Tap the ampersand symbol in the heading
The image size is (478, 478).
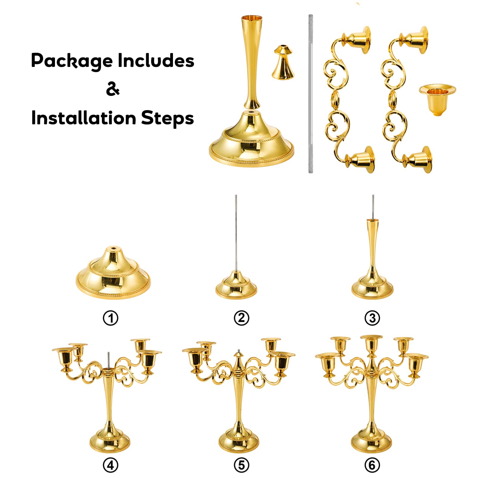pos(113,89)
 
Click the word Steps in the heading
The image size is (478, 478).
pos(167,119)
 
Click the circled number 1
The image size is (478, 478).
pos(111,318)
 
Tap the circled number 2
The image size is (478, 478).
pos(241,318)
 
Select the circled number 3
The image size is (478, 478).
pos(372,318)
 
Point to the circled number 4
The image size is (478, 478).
pos(111,465)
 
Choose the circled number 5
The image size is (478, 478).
pos(241,465)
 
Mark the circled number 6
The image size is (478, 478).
pos(372,465)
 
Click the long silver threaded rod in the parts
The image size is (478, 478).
pos(311,94)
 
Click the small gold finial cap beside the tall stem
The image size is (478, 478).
pos(283,62)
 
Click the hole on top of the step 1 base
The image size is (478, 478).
pos(113,248)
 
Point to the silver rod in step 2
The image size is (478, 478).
pos(236,233)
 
